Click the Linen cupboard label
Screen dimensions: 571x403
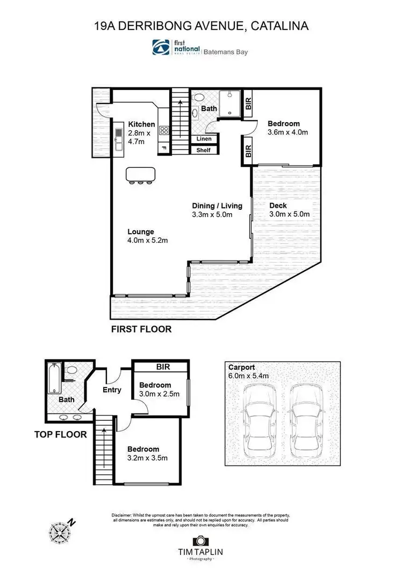click(204, 139)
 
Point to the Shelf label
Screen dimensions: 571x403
click(204, 150)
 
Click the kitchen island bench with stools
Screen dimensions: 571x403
click(141, 175)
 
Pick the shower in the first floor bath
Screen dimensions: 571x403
click(232, 104)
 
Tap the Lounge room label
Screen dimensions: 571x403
click(141, 232)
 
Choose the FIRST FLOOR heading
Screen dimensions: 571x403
click(141, 329)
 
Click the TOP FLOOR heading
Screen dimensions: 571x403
click(60, 434)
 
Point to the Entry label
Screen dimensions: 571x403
click(112, 390)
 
